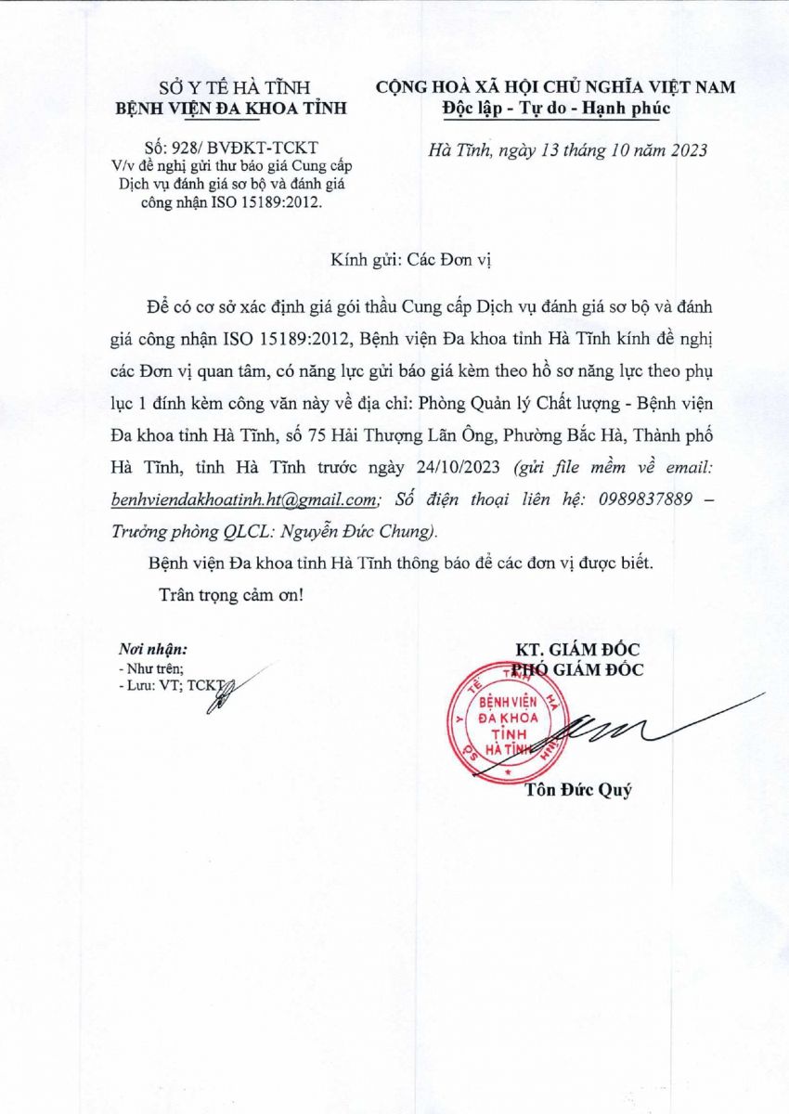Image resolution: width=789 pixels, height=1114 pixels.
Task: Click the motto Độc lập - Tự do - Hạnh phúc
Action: point(555,108)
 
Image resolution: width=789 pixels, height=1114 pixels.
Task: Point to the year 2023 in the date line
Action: point(688,149)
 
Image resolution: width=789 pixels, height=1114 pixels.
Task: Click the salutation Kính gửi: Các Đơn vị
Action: point(410,260)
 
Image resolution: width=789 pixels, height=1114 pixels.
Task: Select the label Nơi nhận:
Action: point(153,649)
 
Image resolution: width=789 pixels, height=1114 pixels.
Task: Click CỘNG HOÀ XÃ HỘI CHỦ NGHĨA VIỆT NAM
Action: point(555,87)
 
